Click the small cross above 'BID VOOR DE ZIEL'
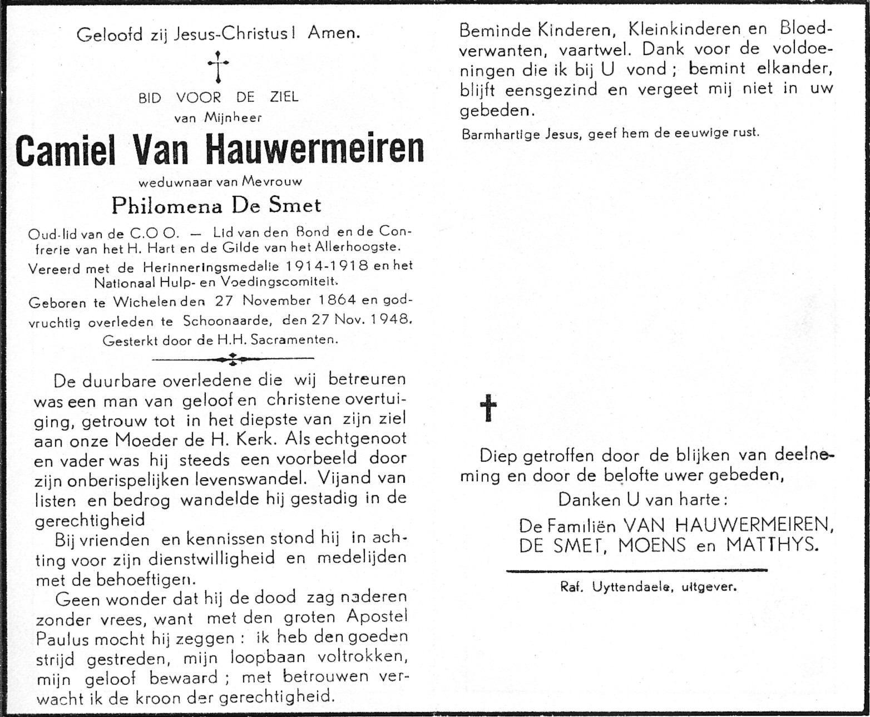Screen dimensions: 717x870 pyautogui.click(x=218, y=67)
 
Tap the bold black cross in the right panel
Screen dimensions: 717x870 pyautogui.click(x=488, y=408)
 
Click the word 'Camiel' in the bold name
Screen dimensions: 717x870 pyautogui.click(x=66, y=150)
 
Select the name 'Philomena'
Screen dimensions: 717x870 pyautogui.click(x=164, y=206)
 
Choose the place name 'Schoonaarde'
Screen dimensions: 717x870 pyautogui.click(x=230, y=320)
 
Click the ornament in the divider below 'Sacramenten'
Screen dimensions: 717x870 pyautogui.click(x=233, y=359)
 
